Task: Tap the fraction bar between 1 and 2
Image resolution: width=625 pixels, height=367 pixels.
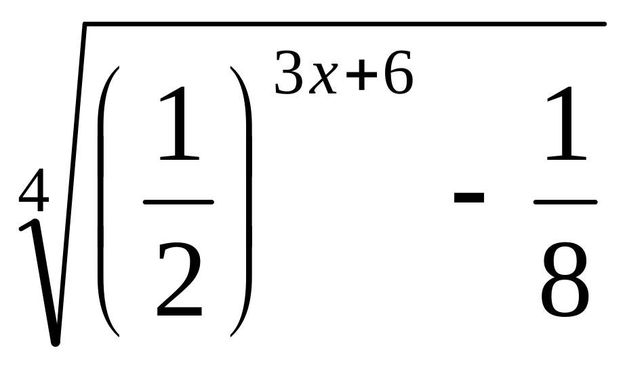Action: click(x=179, y=202)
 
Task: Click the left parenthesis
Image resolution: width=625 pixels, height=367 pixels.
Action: click(x=108, y=201)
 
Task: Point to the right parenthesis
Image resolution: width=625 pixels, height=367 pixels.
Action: click(x=243, y=201)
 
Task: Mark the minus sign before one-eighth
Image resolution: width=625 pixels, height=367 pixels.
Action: click(x=468, y=198)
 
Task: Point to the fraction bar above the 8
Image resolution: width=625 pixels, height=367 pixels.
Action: click(x=565, y=202)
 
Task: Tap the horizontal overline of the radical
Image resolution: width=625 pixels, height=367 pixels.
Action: click(x=339, y=24)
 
